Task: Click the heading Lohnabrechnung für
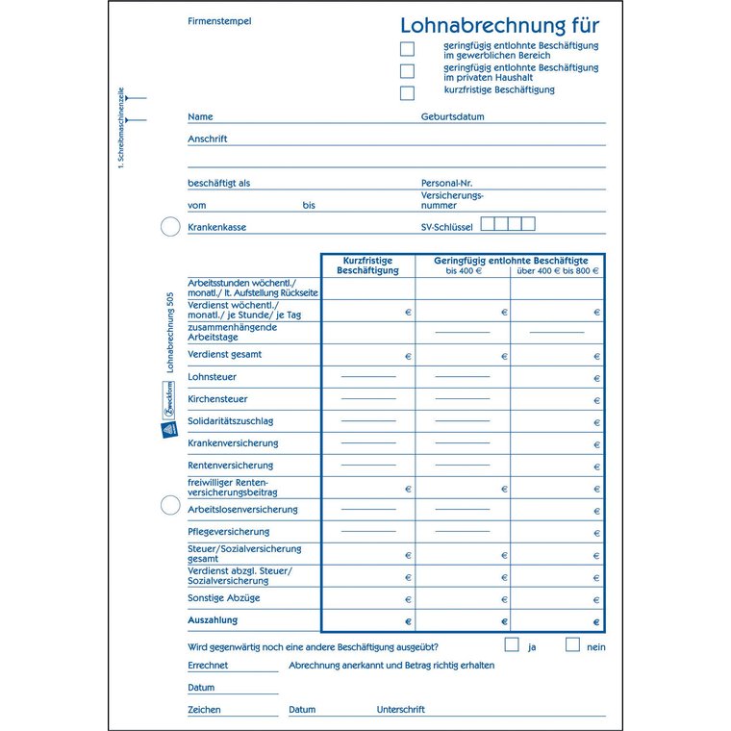coord(498,25)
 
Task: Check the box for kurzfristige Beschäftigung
coord(408,93)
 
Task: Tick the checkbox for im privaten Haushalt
coord(408,71)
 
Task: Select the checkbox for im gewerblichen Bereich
coord(408,49)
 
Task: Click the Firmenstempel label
coord(219,20)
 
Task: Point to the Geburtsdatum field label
coord(452,117)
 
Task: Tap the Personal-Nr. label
coord(446,183)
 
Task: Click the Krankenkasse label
coord(216,227)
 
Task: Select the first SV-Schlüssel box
coord(487,224)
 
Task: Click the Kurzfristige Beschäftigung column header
coord(367,265)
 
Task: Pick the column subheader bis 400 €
coord(464,271)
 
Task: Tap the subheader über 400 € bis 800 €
coord(558,271)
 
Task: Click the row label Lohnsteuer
coord(212,377)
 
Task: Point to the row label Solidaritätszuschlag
coord(230,421)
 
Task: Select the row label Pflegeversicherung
coord(228,532)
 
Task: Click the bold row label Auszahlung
coord(213,620)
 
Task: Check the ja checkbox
coord(512,644)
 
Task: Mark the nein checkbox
coord(572,644)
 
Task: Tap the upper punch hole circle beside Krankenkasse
coord(169,227)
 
